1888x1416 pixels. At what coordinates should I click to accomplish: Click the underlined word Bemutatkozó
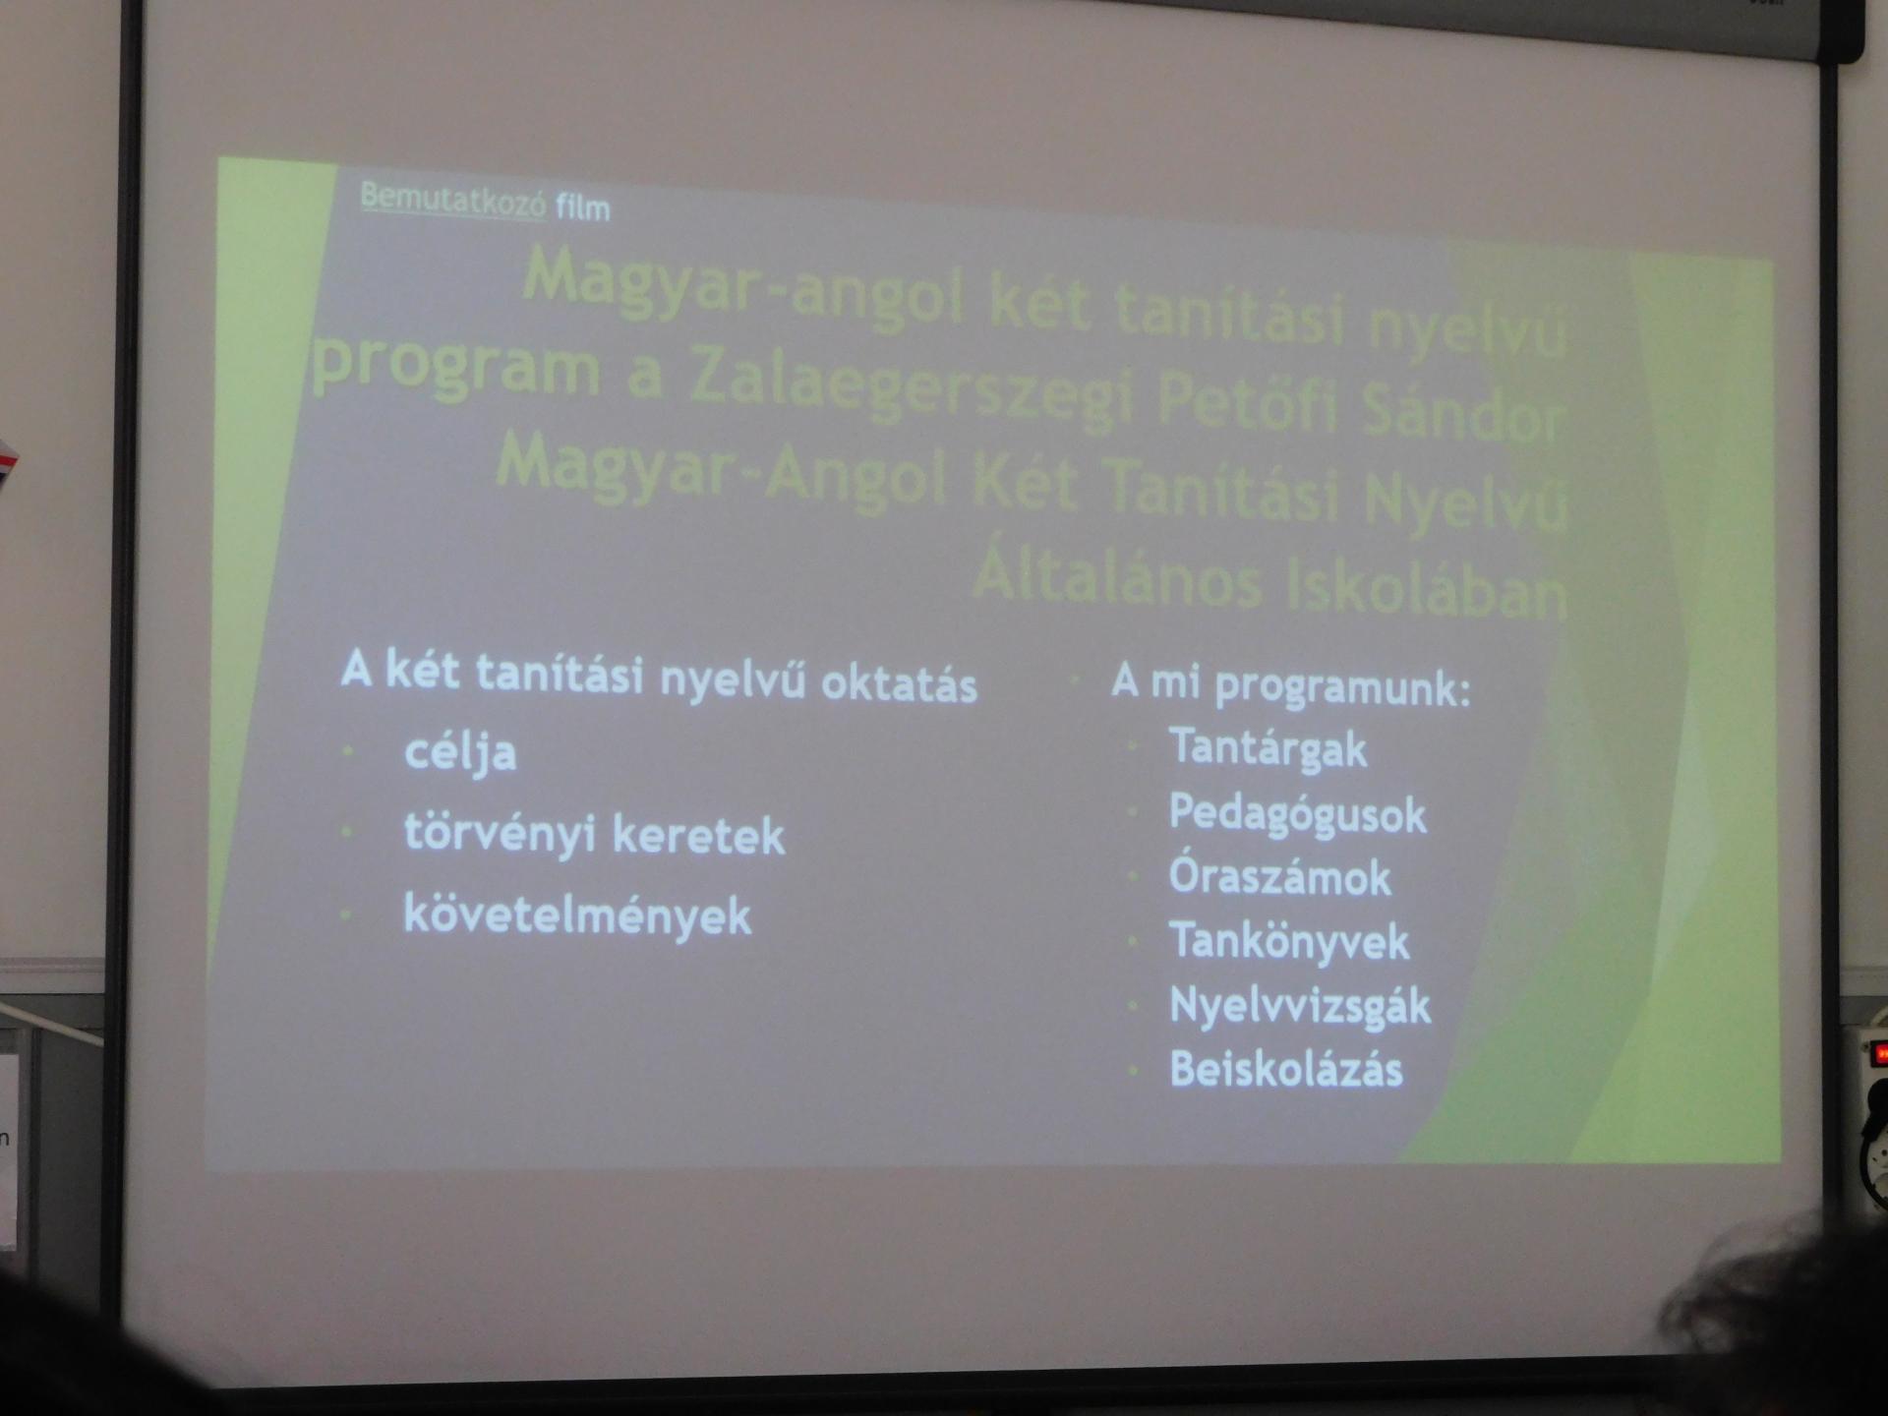(452, 199)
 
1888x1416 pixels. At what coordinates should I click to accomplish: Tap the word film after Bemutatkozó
(583, 207)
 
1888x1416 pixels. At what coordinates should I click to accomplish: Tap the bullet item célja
(460, 753)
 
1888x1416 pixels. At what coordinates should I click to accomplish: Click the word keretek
(699, 836)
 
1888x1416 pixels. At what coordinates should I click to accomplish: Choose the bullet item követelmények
(577, 916)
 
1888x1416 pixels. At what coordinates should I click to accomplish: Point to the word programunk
(1342, 686)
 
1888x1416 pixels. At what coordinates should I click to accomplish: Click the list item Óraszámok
(1279, 877)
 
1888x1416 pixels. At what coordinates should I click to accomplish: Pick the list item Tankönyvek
(1289, 942)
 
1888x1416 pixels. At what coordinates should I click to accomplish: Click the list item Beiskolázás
(1286, 1070)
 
